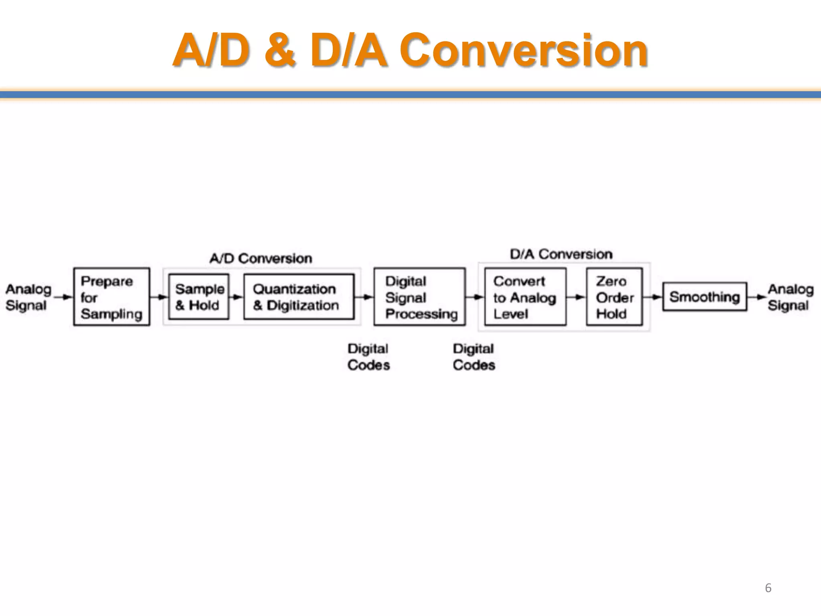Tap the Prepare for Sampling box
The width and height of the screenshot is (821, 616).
point(111,297)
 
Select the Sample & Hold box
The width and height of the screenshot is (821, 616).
point(199,297)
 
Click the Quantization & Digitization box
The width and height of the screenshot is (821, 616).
point(299,297)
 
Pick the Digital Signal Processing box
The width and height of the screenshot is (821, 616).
point(419,297)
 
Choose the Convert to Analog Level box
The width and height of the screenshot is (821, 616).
point(525,297)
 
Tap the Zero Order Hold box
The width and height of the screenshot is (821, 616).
point(614,297)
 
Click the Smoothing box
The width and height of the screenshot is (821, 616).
point(704,297)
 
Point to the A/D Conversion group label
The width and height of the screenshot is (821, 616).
point(261,258)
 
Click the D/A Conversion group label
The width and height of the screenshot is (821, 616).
point(561,254)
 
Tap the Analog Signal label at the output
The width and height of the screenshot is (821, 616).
point(790,297)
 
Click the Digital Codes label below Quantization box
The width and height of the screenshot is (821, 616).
point(368,357)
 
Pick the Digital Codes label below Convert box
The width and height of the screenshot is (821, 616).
point(474,357)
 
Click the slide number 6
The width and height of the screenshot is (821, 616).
point(768,588)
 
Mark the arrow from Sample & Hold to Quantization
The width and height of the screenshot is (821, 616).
point(237,297)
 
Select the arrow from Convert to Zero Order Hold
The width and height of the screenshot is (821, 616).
point(576,297)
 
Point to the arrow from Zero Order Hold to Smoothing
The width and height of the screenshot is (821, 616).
point(653,297)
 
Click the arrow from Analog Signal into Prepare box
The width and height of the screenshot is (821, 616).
point(63,297)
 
